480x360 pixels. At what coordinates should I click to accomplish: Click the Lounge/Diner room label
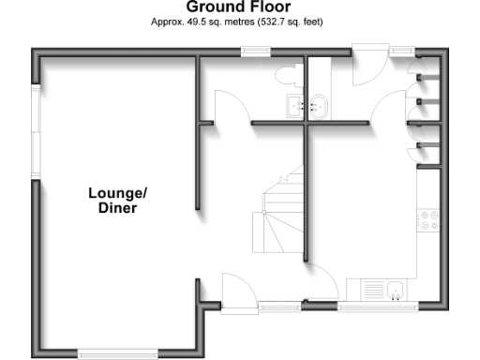pos(118,201)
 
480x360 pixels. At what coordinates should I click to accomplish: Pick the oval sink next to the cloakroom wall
pos(319,105)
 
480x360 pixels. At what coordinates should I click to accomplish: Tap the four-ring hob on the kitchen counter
pos(430,221)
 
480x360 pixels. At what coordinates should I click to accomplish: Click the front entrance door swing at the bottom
pos(234,285)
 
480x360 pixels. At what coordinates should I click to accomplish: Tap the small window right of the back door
pos(402,52)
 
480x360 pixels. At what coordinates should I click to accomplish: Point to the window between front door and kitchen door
pos(278,306)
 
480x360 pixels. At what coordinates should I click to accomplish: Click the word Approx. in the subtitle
pos(166,21)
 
